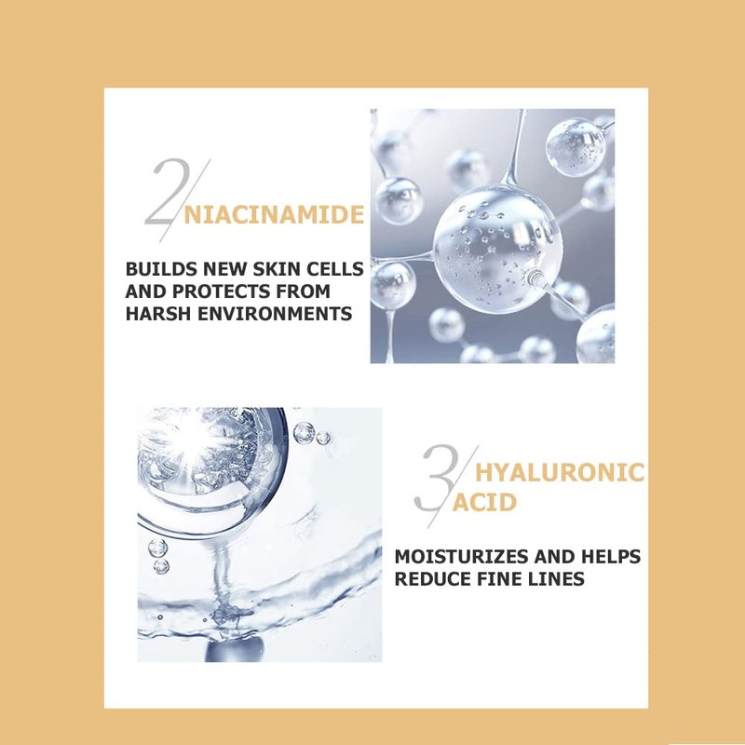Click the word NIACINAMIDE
pyautogui.click(x=274, y=215)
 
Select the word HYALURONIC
pyautogui.click(x=560, y=473)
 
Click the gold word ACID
pyautogui.click(x=483, y=503)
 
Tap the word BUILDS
pyautogui.click(x=161, y=269)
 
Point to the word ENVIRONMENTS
pyautogui.click(x=275, y=314)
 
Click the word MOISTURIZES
pyautogui.click(x=461, y=556)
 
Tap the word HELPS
pyautogui.click(x=612, y=556)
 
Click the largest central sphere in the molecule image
pyautogui.click(x=498, y=249)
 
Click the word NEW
pyautogui.click(x=224, y=269)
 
